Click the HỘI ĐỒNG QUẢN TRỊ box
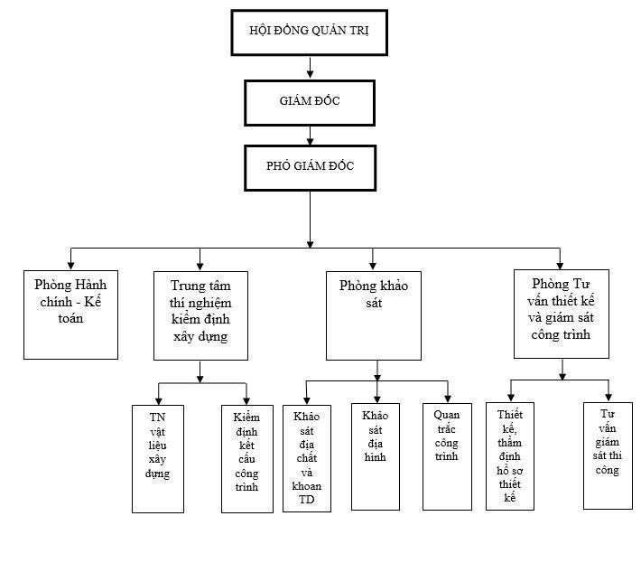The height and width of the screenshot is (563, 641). [x=309, y=33]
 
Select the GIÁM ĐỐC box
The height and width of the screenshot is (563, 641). [x=310, y=103]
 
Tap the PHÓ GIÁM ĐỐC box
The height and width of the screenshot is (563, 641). [x=310, y=168]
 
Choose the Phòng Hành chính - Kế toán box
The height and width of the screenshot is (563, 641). [x=70, y=314]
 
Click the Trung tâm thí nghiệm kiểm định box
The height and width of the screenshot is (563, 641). [x=200, y=315]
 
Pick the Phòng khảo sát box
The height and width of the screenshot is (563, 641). [x=374, y=315]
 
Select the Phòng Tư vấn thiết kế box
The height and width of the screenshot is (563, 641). [x=562, y=314]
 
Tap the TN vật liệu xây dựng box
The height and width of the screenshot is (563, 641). [x=158, y=459]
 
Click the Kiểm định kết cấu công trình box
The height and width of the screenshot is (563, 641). [x=247, y=459]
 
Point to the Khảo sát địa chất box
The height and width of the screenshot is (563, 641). [x=307, y=458]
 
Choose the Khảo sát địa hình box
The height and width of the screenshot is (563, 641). [x=376, y=456]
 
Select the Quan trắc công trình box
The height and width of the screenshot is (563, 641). [x=447, y=456]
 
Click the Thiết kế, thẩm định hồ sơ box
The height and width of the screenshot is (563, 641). [x=510, y=456]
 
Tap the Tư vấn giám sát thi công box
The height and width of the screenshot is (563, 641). [x=608, y=455]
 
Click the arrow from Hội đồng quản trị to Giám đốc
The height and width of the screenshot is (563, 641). [x=310, y=68]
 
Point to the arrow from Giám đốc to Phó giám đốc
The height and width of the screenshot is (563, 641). [x=310, y=136]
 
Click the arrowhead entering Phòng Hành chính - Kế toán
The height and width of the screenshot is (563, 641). [x=70, y=265]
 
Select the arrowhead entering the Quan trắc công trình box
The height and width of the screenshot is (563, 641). [x=448, y=398]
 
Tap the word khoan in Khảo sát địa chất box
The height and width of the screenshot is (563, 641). [x=307, y=486]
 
